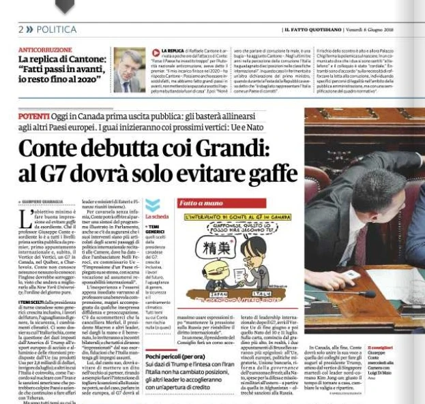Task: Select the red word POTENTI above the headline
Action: (x=33, y=116)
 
